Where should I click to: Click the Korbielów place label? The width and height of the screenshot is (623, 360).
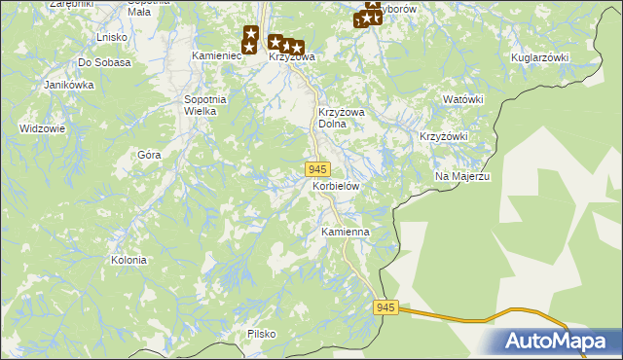click(336, 185)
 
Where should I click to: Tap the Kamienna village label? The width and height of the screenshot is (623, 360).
click(345, 233)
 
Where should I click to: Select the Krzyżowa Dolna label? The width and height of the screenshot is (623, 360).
click(341, 118)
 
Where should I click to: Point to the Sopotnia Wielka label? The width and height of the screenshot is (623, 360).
click(205, 105)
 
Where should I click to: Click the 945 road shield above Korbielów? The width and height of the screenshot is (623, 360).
click(316, 169)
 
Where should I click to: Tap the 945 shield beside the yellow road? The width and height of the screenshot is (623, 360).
click(385, 307)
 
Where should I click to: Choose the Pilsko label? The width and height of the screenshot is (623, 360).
click(261, 334)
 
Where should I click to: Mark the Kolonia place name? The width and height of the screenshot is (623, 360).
click(128, 260)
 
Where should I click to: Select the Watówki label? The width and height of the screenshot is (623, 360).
click(463, 99)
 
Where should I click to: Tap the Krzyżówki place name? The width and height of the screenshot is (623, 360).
click(444, 136)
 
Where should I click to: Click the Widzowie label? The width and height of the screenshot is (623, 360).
click(42, 128)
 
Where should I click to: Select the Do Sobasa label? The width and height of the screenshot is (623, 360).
click(104, 62)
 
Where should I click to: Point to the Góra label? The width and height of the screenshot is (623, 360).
click(149, 155)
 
